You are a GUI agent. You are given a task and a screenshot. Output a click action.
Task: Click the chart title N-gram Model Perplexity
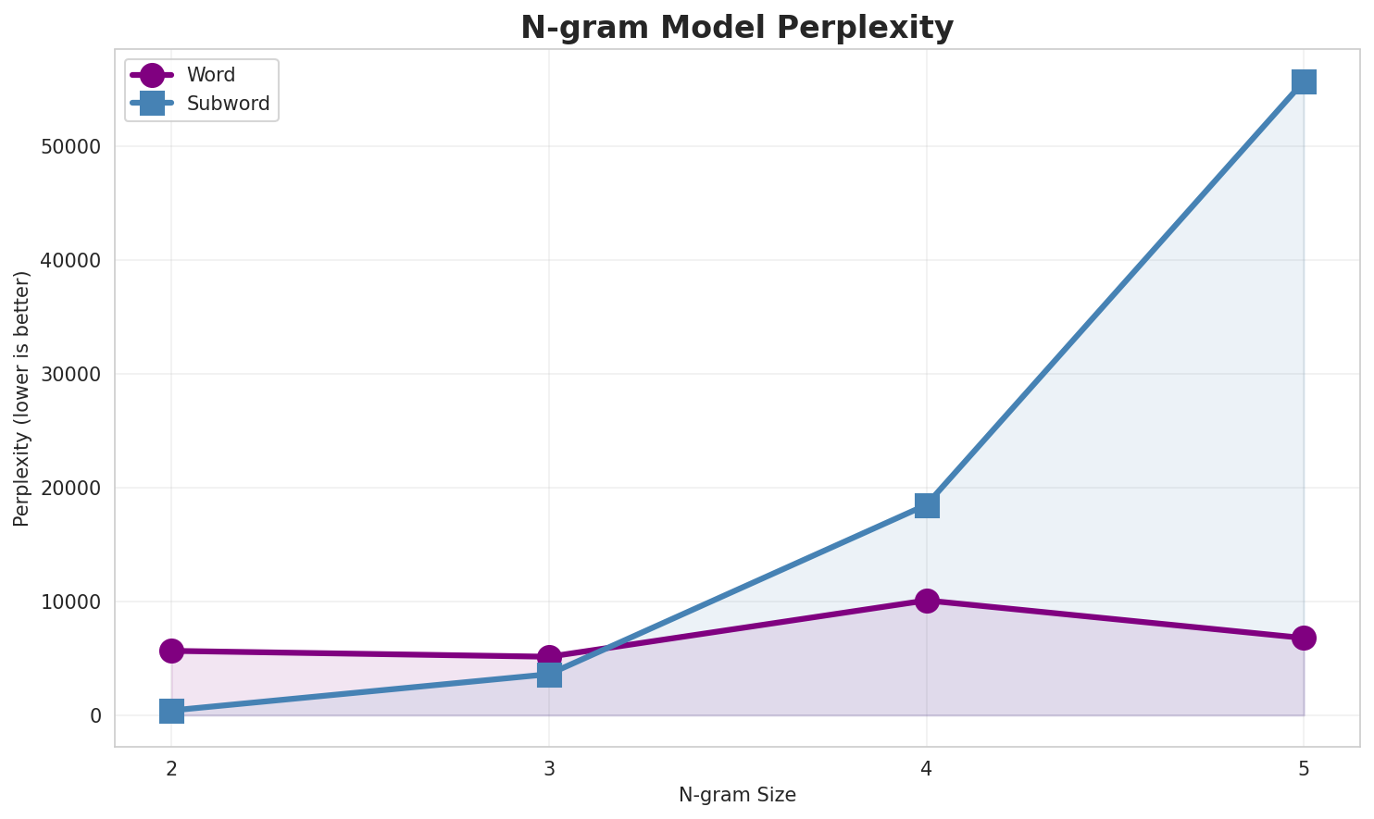tap(736, 28)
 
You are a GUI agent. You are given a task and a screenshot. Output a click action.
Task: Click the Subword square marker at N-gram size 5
tap(1304, 81)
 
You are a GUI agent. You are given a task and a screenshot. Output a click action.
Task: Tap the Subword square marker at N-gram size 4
tap(927, 505)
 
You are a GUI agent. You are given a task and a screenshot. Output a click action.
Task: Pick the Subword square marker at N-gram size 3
tap(549, 676)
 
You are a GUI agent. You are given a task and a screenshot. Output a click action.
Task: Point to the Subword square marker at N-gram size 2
tap(171, 711)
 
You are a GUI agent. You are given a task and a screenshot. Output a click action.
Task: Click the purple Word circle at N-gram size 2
tap(171, 651)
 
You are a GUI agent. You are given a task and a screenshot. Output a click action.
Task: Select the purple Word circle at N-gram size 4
tap(927, 601)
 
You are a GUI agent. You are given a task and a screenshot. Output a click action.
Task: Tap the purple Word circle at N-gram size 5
tap(1304, 638)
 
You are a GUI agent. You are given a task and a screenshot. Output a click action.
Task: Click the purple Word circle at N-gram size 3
tap(549, 656)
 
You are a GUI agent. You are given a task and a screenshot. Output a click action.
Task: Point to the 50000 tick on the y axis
tap(71, 147)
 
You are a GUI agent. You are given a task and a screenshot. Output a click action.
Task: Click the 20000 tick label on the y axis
tap(71, 489)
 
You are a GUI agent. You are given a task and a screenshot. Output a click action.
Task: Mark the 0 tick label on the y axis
tap(95, 716)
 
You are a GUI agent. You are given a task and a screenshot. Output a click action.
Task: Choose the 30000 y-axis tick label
tap(71, 375)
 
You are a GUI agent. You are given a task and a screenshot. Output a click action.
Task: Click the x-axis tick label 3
tap(549, 768)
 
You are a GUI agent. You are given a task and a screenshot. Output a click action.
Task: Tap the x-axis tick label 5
tap(1304, 768)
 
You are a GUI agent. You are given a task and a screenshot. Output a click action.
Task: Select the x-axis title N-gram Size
tap(737, 795)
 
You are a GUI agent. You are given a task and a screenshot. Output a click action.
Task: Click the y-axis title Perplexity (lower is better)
tap(22, 398)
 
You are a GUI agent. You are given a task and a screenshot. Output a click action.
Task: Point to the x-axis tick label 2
tap(171, 768)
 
